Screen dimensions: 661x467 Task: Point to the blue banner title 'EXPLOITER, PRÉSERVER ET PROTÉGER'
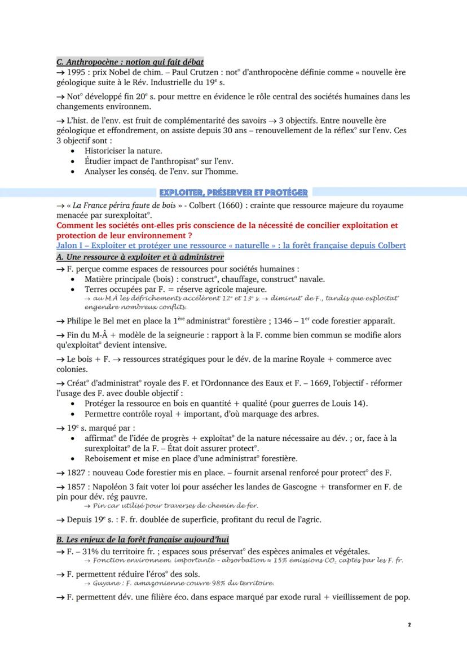tap(233, 192)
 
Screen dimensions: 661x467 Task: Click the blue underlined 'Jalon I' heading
tap(231, 246)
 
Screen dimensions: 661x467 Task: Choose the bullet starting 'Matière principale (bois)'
tap(204, 279)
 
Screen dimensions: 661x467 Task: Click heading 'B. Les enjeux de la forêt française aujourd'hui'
tap(142, 540)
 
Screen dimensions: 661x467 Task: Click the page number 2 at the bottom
tap(408, 625)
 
